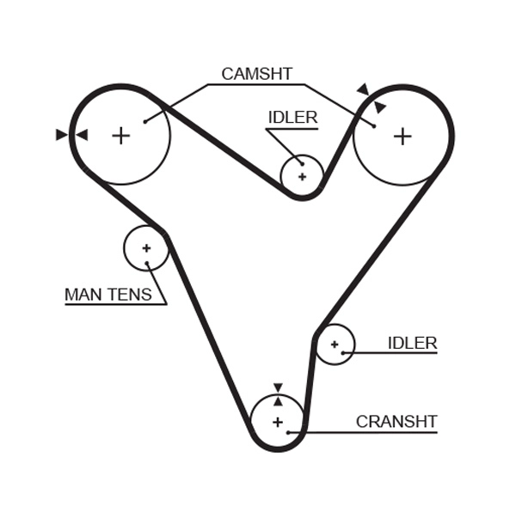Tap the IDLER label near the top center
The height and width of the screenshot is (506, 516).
point(292,118)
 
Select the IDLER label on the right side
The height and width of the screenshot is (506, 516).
point(412,344)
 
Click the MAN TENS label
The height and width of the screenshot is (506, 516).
point(108,296)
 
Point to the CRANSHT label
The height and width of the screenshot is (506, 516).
point(396,422)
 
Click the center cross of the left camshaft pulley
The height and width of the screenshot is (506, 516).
point(120,135)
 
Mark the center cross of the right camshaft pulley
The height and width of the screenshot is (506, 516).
point(402,135)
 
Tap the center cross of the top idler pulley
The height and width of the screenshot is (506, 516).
point(302,176)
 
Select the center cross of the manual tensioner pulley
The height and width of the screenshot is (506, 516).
point(146,248)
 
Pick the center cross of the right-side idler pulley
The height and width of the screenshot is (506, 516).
point(334,344)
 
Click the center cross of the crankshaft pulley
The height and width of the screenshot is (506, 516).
point(277,422)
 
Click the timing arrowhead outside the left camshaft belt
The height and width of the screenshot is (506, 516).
point(61,135)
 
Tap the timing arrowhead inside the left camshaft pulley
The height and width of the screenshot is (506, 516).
point(83,135)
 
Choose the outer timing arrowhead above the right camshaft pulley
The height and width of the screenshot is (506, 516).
point(363,89)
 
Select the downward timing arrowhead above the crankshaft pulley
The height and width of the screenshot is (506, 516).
point(277,388)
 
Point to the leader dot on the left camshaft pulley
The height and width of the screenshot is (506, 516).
point(145,121)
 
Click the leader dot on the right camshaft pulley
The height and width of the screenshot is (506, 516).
point(374,125)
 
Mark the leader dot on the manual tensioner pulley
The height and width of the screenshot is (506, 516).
point(147,263)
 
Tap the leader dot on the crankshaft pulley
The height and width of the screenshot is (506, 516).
point(289,431)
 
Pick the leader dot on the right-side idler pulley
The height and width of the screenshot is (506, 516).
point(342,352)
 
